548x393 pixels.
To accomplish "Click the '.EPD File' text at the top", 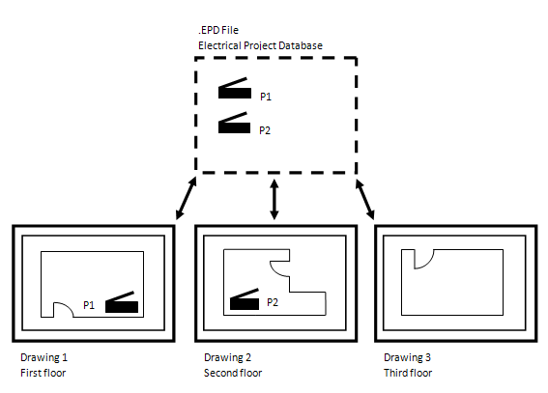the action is click(218, 30).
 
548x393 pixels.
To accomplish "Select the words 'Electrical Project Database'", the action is click(260, 45).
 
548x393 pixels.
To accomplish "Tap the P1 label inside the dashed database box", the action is click(266, 97).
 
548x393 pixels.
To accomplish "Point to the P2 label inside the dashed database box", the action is click(265, 130).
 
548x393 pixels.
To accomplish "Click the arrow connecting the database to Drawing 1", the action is click(186, 198).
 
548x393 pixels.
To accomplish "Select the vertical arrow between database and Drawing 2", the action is click(274, 199).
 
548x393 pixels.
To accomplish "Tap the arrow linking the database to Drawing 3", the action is click(365, 199).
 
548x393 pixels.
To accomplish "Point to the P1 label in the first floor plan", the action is click(89, 305).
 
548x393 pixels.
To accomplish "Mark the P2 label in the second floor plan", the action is click(273, 302).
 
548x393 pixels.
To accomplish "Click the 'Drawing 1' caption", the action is click(44, 357).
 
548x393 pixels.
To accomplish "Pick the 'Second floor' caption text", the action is click(233, 373).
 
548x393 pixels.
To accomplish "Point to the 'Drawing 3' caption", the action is click(408, 357).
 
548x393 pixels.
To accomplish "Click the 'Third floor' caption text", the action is click(408, 373).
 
